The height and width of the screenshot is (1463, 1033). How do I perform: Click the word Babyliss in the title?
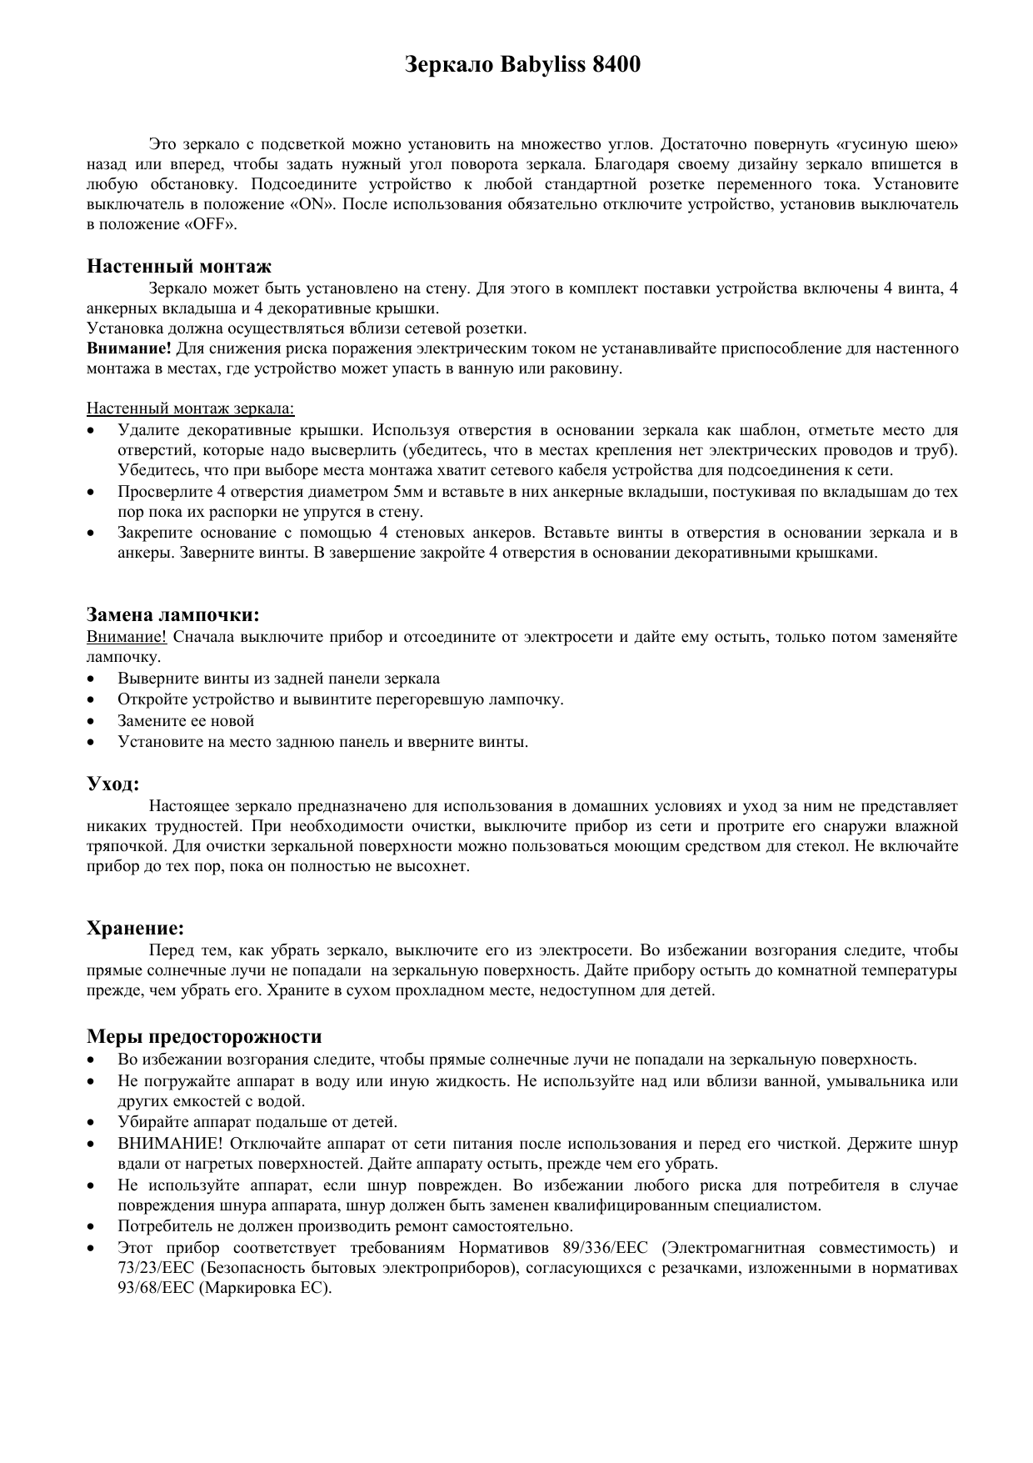pyautogui.click(x=541, y=64)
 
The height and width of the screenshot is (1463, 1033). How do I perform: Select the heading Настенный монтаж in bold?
pyautogui.click(x=179, y=267)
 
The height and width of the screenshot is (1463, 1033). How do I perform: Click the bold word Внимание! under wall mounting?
pyautogui.click(x=130, y=348)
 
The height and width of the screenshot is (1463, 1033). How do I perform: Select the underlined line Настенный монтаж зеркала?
pyautogui.click(x=191, y=408)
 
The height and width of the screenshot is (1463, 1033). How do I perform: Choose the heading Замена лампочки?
pyautogui.click(x=173, y=615)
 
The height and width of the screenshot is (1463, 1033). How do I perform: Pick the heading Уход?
pyautogui.click(x=112, y=784)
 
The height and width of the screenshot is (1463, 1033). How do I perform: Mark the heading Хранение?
pyautogui.click(x=136, y=928)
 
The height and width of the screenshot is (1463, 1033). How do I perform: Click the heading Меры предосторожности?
pyautogui.click(x=204, y=1036)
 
